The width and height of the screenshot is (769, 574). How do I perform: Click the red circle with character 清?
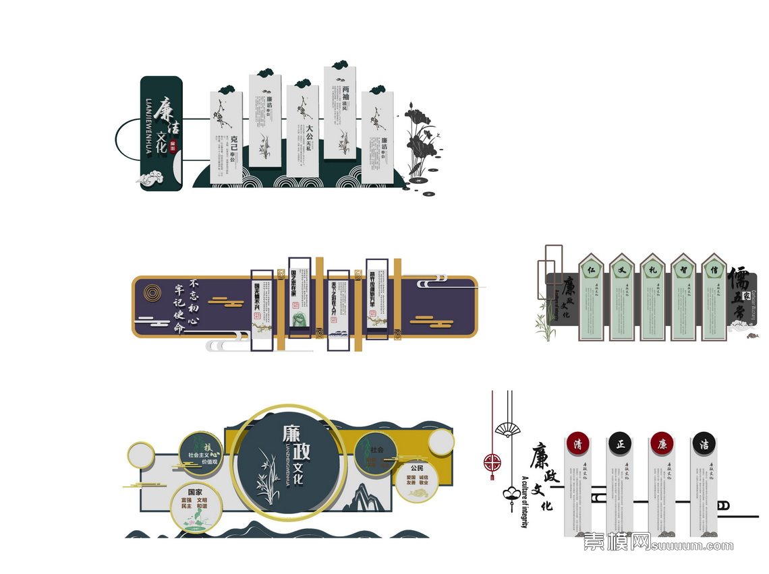pyautogui.click(x=577, y=444)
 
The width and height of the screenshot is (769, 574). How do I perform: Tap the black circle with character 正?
pyautogui.click(x=620, y=444)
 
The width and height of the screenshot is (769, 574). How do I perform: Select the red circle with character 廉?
pyautogui.click(x=662, y=444)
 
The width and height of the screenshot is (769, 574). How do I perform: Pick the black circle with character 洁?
pyautogui.click(x=704, y=444)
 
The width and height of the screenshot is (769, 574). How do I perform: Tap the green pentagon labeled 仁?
pyautogui.click(x=590, y=267)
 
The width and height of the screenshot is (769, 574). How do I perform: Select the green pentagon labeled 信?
pyautogui.click(x=714, y=267)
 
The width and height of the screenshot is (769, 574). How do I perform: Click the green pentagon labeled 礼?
pyautogui.click(x=652, y=267)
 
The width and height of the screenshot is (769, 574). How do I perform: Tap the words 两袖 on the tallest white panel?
pyautogui.click(x=345, y=90)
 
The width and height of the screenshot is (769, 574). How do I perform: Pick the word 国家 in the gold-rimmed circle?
pyautogui.click(x=195, y=492)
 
